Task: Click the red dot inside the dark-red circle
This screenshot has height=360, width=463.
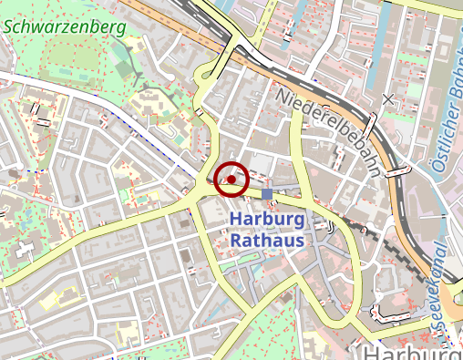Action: pyautogui.click(x=232, y=180)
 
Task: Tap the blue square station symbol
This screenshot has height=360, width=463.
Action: pyautogui.click(x=267, y=194)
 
